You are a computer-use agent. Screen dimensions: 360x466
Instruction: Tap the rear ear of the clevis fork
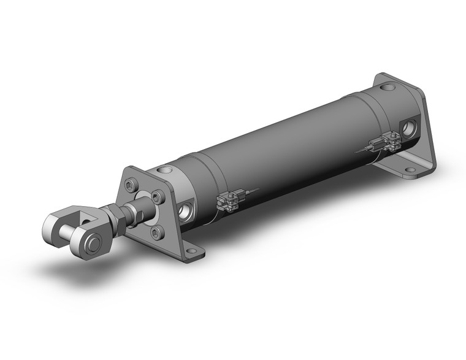(x=58, y=221)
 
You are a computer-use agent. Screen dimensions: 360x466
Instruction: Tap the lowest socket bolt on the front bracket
(x=156, y=232)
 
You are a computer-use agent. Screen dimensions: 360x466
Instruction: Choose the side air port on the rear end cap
(x=408, y=128)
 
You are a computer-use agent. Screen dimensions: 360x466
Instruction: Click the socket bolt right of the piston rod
(x=159, y=197)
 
